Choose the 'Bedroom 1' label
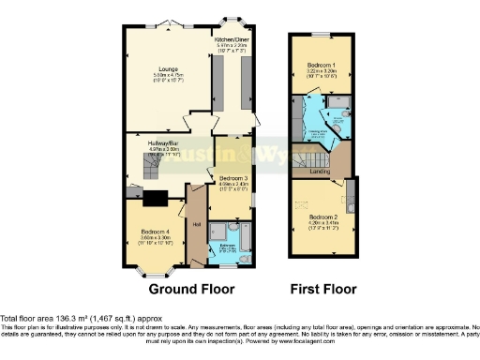pyautogui.click(x=322, y=65)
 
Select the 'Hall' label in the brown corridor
pyautogui.click(x=197, y=224)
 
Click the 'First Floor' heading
pyautogui.click(x=322, y=290)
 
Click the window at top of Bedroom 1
pyautogui.click(x=322, y=34)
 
